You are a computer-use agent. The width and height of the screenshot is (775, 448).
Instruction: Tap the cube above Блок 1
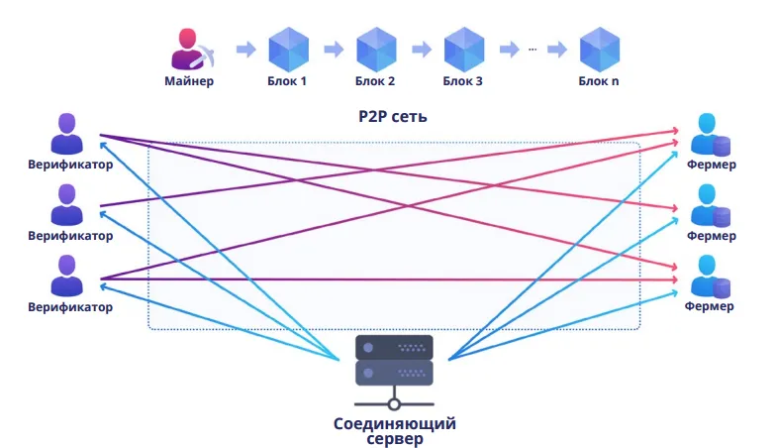coord(289,49)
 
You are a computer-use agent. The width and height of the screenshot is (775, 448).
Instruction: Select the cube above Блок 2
coord(376,49)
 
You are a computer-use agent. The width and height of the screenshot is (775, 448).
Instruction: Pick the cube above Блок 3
coord(463,49)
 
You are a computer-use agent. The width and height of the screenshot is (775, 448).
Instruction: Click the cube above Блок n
coord(600,49)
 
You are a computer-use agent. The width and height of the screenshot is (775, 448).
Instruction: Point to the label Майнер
coord(189,81)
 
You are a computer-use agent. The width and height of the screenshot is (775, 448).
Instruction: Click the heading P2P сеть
coord(392,116)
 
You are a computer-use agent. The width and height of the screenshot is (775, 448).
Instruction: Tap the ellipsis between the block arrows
coord(533,49)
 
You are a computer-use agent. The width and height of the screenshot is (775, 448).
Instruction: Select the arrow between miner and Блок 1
coord(246,49)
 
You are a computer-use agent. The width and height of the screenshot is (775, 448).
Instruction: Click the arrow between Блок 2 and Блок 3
coord(422,49)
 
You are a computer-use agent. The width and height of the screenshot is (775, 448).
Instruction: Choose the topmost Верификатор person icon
coord(67,134)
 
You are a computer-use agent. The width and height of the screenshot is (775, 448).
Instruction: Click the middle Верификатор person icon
coord(67,205)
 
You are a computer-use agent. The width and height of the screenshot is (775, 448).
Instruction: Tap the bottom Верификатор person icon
coord(67,276)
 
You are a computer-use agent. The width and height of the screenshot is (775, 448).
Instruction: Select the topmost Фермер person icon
coord(711,134)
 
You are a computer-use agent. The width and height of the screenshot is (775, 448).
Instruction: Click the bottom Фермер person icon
coord(711,277)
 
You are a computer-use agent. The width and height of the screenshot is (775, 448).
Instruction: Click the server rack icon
coord(394,361)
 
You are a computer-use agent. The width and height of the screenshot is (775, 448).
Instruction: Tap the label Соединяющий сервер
coord(394,431)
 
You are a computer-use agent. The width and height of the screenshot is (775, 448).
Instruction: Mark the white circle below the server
coord(394,404)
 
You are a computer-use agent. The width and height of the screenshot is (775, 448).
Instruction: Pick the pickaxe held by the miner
coord(204,56)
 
